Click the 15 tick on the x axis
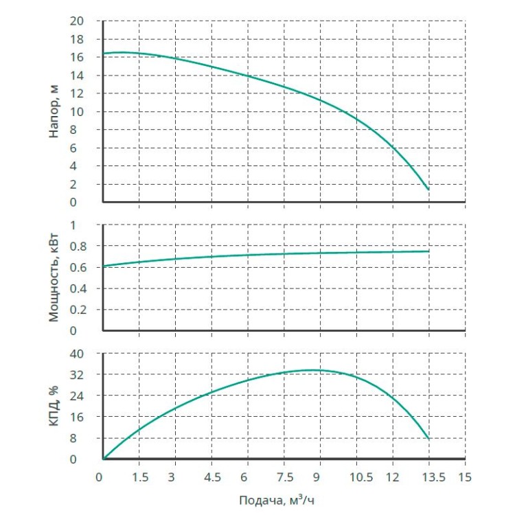(x=465, y=477)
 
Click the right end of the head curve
(x=428, y=190)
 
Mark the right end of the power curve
(x=428, y=251)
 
